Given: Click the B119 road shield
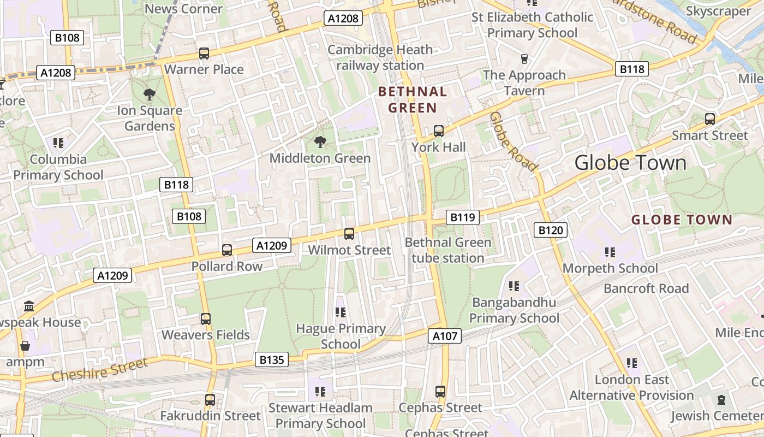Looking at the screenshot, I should pyautogui.click(x=463, y=217).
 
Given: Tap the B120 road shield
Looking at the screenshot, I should pyautogui.click(x=550, y=230).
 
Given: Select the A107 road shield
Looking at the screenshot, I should pyautogui.click(x=445, y=336).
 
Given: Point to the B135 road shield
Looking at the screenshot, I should pyautogui.click(x=272, y=359).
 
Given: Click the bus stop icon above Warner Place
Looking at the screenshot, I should pyautogui.click(x=204, y=54).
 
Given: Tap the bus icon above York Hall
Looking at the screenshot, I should pyautogui.click(x=438, y=131).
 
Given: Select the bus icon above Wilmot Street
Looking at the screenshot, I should pyautogui.click(x=349, y=234).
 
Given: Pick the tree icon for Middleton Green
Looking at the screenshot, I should pyautogui.click(x=320, y=142).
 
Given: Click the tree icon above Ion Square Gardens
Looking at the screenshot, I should pyautogui.click(x=150, y=95).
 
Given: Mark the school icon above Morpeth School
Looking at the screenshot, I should pyautogui.click(x=610, y=252).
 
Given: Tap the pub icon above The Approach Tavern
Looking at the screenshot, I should pyautogui.click(x=524, y=59).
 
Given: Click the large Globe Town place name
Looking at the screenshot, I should pyautogui.click(x=630, y=163).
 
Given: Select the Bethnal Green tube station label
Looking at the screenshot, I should pyautogui.click(x=448, y=250).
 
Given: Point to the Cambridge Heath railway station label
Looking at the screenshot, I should pyautogui.click(x=380, y=57).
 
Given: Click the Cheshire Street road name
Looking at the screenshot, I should pyautogui.click(x=99, y=370).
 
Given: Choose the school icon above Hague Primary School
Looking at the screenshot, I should pyautogui.click(x=341, y=312).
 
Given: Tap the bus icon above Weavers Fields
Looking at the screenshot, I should pyautogui.click(x=206, y=319).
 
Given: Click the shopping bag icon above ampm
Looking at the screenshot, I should pyautogui.click(x=25, y=346).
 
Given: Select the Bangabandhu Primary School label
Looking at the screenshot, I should pyautogui.click(x=514, y=310).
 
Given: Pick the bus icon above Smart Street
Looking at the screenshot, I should pyautogui.click(x=710, y=119).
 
